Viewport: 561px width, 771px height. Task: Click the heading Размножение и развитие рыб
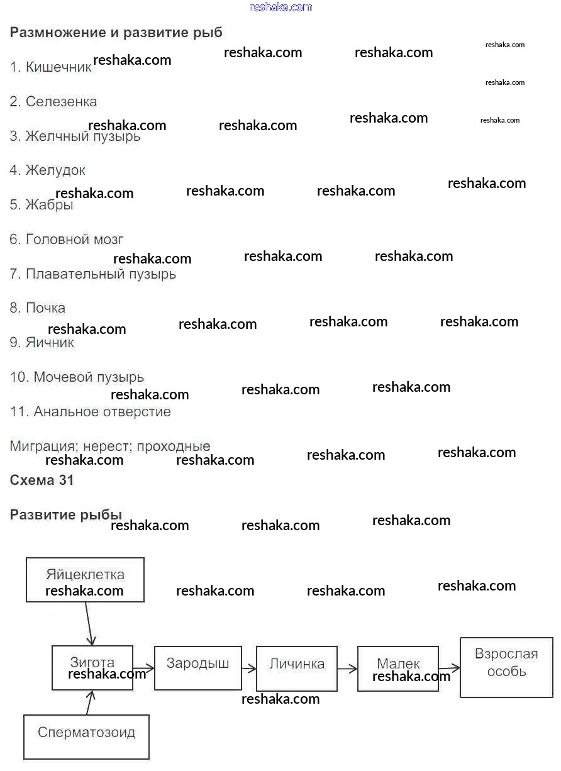(x=116, y=33)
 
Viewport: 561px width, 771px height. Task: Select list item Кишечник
(x=51, y=67)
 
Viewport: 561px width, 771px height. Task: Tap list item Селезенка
(x=53, y=102)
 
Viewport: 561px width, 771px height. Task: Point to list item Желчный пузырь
(x=75, y=136)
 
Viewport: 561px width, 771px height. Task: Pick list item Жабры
(x=42, y=205)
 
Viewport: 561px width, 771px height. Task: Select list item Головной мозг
(x=67, y=240)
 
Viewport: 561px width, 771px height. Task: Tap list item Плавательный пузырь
(x=93, y=274)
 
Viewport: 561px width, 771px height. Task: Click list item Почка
(x=38, y=308)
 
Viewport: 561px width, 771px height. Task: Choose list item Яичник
(x=42, y=343)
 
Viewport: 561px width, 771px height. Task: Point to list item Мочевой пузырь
(x=77, y=377)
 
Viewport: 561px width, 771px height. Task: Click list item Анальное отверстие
(x=91, y=412)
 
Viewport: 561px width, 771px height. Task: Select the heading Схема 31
(x=42, y=480)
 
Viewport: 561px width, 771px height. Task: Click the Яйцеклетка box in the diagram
(x=85, y=580)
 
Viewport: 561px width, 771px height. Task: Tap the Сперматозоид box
(x=86, y=736)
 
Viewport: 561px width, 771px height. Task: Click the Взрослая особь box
(x=506, y=667)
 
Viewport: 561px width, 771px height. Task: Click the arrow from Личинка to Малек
(x=347, y=669)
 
